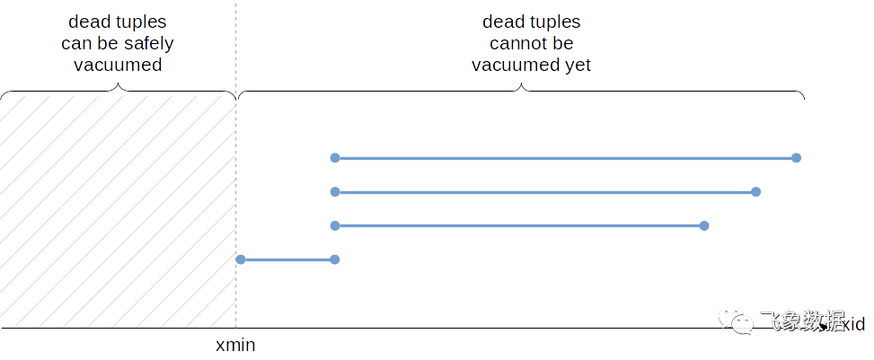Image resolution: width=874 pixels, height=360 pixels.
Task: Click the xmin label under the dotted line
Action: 236,346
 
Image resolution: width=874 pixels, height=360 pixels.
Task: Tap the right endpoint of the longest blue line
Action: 796,158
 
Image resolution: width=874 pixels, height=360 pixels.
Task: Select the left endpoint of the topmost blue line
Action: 335,158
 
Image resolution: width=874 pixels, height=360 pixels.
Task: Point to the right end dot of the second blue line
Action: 755,192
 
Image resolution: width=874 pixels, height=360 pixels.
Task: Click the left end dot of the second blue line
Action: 335,192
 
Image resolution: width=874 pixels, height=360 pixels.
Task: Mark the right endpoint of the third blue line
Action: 704,225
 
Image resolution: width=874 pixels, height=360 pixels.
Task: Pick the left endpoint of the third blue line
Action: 335,225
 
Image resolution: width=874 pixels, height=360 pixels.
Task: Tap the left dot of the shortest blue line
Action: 241,259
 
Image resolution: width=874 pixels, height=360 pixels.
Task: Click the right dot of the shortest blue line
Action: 335,259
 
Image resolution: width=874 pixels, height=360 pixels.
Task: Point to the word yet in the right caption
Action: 578,65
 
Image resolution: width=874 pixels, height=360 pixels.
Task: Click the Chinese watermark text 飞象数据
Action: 802,320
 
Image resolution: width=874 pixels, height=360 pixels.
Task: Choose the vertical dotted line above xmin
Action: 235,180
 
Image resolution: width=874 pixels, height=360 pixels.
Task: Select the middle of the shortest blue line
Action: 287,259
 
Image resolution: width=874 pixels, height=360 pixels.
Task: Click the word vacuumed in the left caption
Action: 118,65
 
